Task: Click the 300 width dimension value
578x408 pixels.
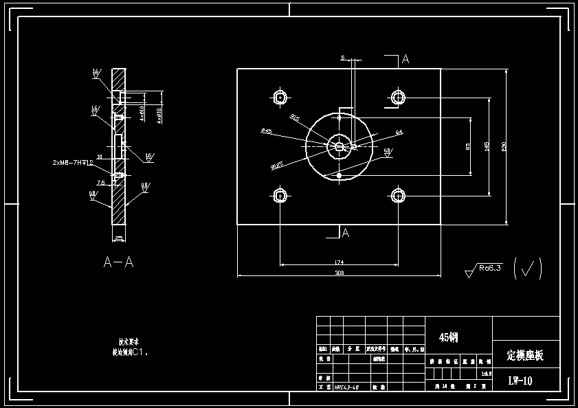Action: tap(339, 273)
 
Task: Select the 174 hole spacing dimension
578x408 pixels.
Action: tap(339, 261)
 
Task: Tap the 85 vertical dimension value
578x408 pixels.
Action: tap(468, 146)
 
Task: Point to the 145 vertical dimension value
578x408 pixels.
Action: tap(486, 146)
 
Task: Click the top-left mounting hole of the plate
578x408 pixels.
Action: tap(280, 97)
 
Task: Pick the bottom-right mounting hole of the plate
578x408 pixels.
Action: tap(398, 196)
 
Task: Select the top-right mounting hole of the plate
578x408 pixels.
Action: tap(398, 97)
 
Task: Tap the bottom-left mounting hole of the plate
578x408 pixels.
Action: tap(280, 196)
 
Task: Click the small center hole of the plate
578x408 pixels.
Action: tap(339, 146)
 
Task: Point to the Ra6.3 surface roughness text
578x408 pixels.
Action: tap(491, 267)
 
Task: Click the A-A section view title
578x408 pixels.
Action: tap(118, 262)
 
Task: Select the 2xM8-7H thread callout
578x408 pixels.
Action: tap(73, 163)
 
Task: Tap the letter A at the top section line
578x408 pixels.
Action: tap(405, 60)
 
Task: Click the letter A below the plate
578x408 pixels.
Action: tap(346, 234)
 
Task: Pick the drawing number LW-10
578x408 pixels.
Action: tap(520, 380)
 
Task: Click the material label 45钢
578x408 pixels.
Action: tap(448, 337)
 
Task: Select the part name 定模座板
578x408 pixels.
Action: tap(525, 355)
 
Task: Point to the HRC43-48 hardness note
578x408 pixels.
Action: tap(346, 387)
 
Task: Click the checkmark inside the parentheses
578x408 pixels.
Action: tap(528, 268)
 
